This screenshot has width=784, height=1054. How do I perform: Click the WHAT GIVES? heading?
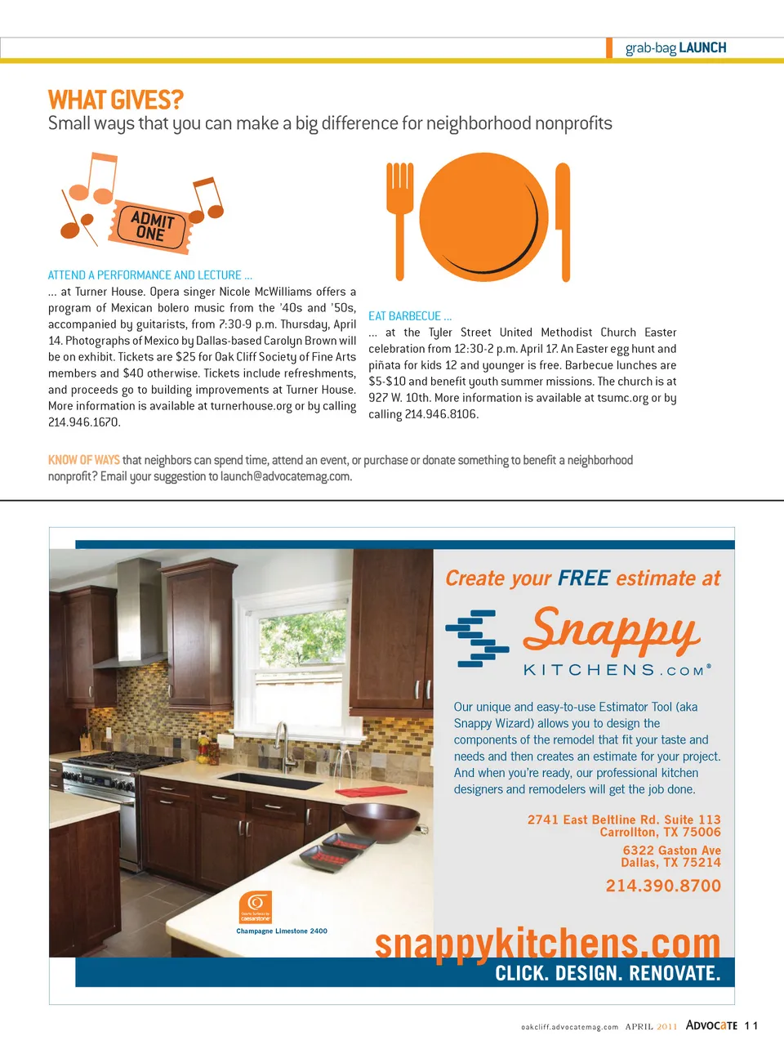pyautogui.click(x=115, y=100)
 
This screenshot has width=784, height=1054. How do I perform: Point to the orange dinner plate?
pyautogui.click(x=483, y=217)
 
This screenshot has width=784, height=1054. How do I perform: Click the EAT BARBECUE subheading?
pyautogui.click(x=409, y=316)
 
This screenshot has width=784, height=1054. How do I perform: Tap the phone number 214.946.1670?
pyautogui.click(x=84, y=422)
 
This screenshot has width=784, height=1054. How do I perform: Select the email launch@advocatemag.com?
pyautogui.click(x=286, y=476)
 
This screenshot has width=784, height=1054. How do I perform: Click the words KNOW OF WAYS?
pyautogui.click(x=83, y=460)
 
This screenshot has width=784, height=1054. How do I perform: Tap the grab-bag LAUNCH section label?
pyautogui.click(x=675, y=48)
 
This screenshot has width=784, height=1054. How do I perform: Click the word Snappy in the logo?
pyautogui.click(x=611, y=631)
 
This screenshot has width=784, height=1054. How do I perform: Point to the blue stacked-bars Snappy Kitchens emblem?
pyautogui.click(x=476, y=638)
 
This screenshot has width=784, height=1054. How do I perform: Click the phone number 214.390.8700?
pyautogui.click(x=663, y=886)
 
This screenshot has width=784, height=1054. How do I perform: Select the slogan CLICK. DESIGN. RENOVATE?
pyautogui.click(x=608, y=973)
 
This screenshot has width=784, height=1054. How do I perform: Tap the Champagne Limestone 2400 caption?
pyautogui.click(x=282, y=931)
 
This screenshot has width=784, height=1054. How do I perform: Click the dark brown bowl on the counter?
pyautogui.click(x=381, y=821)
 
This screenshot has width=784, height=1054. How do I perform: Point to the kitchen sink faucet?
pyautogui.click(x=284, y=744)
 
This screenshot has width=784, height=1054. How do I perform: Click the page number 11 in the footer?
pyautogui.click(x=751, y=1025)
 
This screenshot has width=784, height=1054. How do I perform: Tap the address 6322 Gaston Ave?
pyautogui.click(x=671, y=850)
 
